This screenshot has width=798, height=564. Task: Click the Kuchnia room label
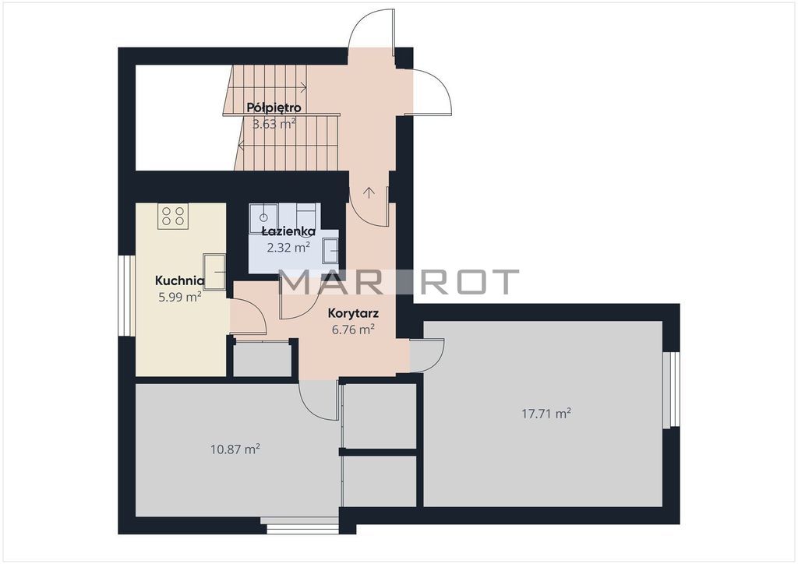click(x=180, y=280)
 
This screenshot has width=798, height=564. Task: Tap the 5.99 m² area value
click(x=180, y=297)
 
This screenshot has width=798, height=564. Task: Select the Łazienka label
click(x=288, y=231)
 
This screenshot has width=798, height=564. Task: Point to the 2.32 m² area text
click(x=288, y=248)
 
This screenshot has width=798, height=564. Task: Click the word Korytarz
click(x=353, y=313)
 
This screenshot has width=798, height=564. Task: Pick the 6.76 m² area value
click(x=353, y=330)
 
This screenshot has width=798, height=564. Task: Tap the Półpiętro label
click(x=274, y=108)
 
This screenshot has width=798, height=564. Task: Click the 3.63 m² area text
click(x=274, y=124)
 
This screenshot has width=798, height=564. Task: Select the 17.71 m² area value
click(x=546, y=414)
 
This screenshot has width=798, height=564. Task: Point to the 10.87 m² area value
click(x=235, y=449)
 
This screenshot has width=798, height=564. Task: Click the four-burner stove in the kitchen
click(x=173, y=216)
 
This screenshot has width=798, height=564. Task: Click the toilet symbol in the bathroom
click(x=263, y=218)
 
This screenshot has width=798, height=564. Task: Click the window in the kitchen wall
click(x=127, y=295)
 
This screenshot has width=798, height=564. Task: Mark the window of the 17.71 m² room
click(x=671, y=389)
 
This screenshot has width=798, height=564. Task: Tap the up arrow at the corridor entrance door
click(x=369, y=192)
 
